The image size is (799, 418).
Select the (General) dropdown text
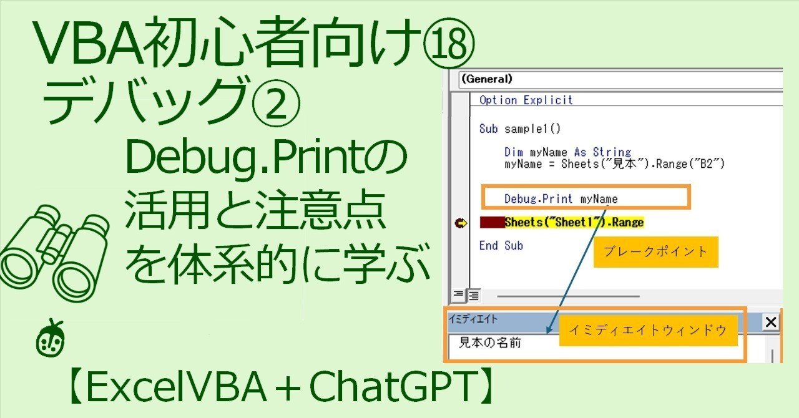(x=487, y=79)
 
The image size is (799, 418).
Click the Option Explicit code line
(x=526, y=100)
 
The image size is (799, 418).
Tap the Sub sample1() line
(x=520, y=129)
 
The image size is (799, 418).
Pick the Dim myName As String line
(x=567, y=152)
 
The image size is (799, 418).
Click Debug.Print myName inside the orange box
(x=561, y=198)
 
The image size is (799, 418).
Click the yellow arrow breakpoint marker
(x=461, y=222)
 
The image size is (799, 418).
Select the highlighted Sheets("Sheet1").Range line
(x=574, y=222)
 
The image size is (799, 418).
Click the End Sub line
(x=501, y=245)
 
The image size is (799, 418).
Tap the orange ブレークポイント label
(x=655, y=251)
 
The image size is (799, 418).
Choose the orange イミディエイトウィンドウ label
(x=647, y=331)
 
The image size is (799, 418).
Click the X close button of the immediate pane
(x=771, y=322)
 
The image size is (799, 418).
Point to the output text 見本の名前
(x=489, y=343)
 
